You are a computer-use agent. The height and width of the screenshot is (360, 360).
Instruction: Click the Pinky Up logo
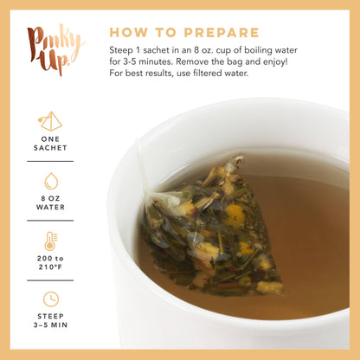pos(54,50)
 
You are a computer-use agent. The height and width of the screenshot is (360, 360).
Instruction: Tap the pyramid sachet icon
pos(50,120)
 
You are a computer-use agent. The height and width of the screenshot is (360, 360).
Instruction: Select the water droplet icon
pos(50,182)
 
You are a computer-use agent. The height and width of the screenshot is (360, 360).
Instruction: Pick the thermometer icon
pos(50,241)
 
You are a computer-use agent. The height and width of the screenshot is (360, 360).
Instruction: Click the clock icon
pos(50,299)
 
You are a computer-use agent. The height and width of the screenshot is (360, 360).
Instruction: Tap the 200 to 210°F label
pos(50,263)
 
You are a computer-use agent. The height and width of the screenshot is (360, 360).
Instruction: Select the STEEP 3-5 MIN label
pos(50,323)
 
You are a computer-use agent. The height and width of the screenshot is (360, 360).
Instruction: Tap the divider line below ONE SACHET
pos(50,161)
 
